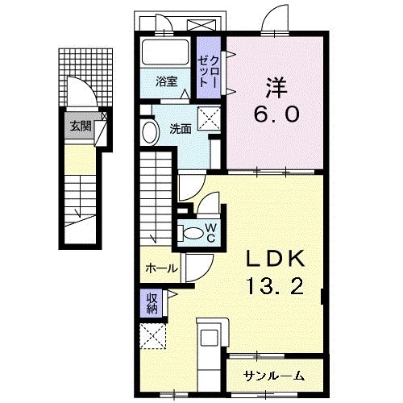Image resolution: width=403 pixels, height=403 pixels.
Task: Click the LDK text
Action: click(276, 258)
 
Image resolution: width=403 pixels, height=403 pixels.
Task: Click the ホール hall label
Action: click(161, 268)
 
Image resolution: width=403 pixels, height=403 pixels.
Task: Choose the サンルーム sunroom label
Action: click(276, 374)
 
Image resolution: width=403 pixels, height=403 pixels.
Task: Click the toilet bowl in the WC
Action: click(193, 233)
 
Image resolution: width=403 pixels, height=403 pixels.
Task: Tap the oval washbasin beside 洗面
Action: click(150, 132)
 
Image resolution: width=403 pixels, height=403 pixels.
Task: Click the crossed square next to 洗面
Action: click(212, 119)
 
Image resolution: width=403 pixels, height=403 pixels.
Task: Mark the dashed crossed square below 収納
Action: click(152, 336)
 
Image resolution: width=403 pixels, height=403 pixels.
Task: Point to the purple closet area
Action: click(212, 69)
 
